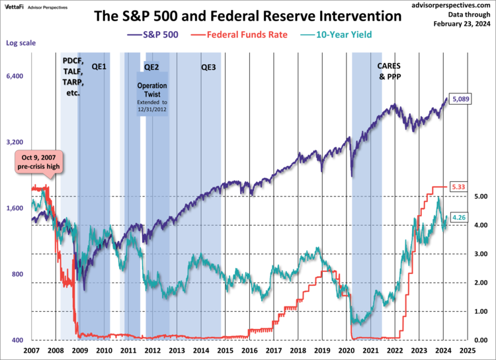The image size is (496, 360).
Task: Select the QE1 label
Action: (x=99, y=67)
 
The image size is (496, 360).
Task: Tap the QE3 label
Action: (x=208, y=67)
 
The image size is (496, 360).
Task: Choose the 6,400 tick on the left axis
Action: (x=15, y=77)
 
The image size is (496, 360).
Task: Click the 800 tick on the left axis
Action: (x=18, y=275)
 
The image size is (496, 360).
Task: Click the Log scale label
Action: (x=21, y=44)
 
